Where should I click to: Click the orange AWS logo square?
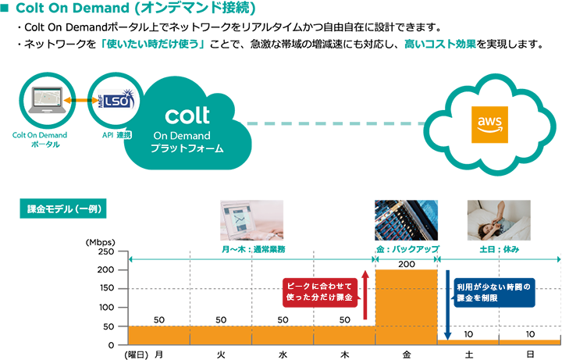tap(490, 125)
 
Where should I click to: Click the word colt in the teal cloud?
tap(187, 115)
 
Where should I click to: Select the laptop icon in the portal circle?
tap(46, 100)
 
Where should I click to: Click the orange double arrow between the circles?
tap(80, 101)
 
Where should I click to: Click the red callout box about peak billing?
tap(320, 294)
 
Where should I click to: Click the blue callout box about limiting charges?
tap(495, 293)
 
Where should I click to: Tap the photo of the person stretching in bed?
tap(513, 220)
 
